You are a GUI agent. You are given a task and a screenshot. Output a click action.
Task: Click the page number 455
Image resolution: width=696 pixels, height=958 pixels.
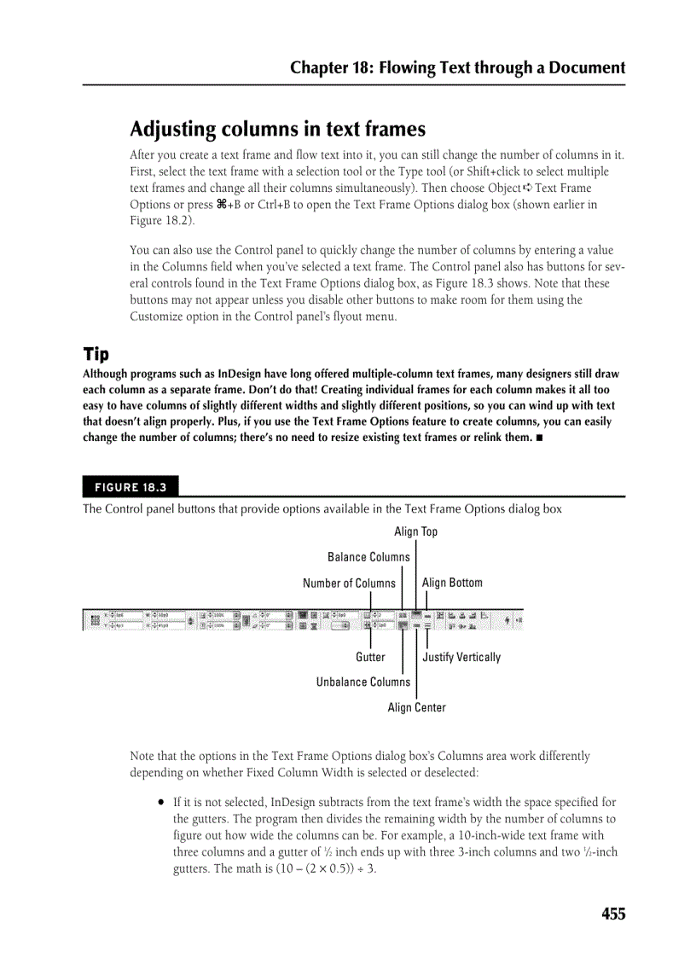[x=612, y=914]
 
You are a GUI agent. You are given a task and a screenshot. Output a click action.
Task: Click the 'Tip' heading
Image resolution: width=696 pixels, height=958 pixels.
[x=96, y=354]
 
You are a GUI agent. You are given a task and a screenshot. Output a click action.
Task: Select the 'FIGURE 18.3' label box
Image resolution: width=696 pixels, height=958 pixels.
[x=130, y=487]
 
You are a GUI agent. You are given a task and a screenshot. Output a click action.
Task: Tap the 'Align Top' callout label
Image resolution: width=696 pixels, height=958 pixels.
[x=415, y=531]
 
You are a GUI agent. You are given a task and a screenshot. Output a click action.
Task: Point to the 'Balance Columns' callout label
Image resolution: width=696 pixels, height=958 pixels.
[x=368, y=557]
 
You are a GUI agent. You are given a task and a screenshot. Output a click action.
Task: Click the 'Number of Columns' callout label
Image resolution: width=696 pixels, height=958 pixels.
[x=349, y=584]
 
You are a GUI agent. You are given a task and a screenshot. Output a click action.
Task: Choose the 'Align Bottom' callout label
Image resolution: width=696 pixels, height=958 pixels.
[x=452, y=583]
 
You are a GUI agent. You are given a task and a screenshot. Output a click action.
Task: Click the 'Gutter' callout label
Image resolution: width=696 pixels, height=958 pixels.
[x=370, y=657]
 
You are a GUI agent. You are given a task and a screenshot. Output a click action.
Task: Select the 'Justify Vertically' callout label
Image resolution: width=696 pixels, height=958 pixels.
[x=461, y=657]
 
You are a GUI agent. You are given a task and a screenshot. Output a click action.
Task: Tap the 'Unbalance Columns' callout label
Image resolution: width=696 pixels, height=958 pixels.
[x=362, y=682]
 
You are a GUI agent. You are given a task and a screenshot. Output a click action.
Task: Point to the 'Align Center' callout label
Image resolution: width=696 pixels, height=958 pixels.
[x=416, y=707]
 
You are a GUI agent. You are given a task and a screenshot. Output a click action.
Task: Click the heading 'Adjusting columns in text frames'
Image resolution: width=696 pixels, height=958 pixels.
[x=277, y=130]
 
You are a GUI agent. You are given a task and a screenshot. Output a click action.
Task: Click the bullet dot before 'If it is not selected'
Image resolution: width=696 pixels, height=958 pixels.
[x=160, y=803]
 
